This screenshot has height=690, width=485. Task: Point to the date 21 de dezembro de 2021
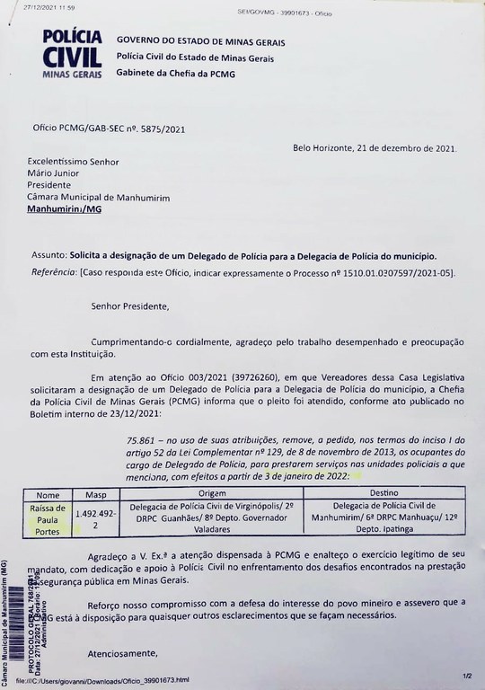point(375,149)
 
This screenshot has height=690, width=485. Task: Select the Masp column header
point(96,493)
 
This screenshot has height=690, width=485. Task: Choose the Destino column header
point(385,493)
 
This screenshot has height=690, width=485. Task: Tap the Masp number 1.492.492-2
point(96,518)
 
